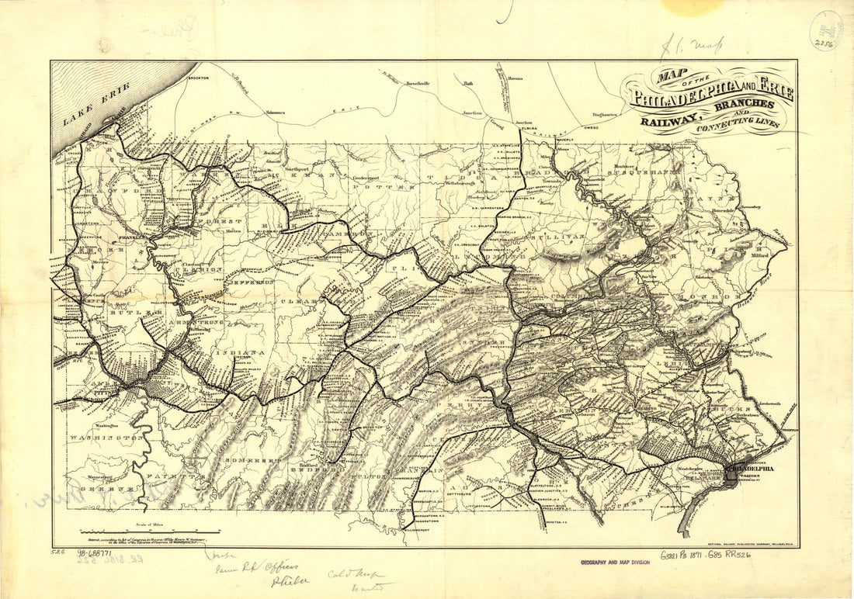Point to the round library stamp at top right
click(x=827, y=30)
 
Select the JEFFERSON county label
click(x=250, y=282)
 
